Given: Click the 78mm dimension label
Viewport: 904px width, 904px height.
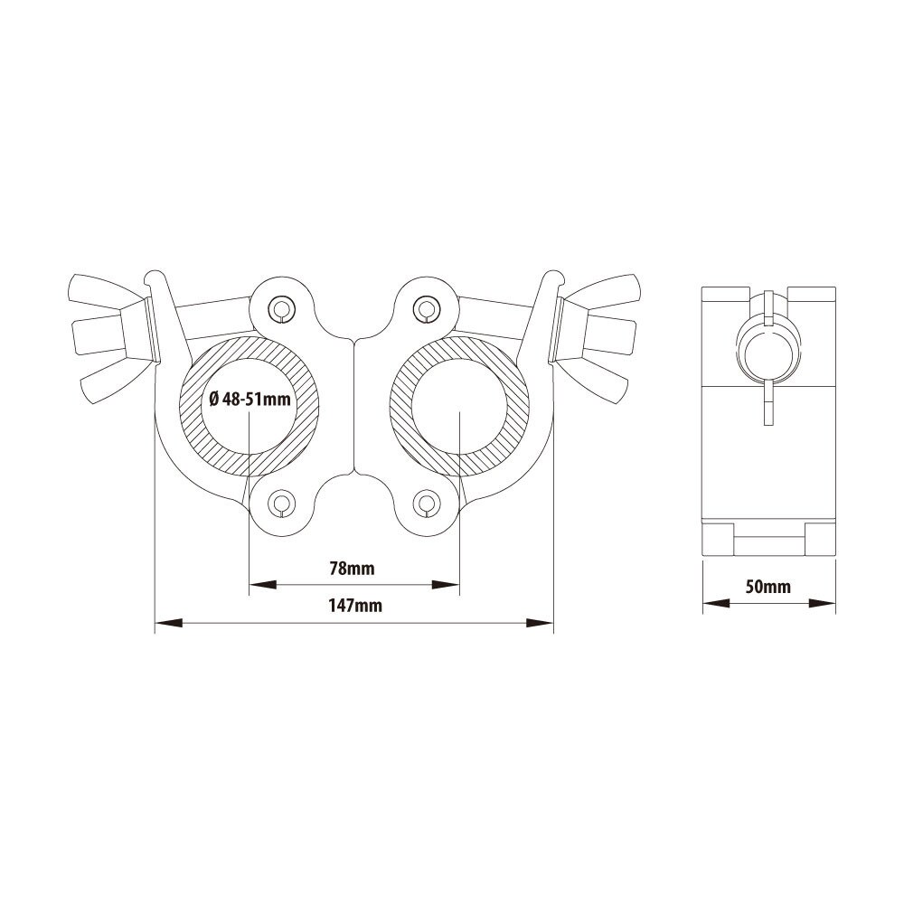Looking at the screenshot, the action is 352,569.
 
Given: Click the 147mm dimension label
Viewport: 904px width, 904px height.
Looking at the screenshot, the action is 355,606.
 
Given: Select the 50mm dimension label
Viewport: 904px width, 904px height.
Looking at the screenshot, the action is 767,587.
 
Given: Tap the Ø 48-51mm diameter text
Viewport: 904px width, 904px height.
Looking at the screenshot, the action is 250,399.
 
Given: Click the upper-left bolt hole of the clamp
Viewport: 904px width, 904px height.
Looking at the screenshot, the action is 282,309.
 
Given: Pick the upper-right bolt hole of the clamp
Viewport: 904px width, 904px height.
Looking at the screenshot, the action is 427,309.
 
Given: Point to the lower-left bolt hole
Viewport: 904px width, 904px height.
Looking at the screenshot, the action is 282,503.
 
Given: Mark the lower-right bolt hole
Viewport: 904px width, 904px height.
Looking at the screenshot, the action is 427,503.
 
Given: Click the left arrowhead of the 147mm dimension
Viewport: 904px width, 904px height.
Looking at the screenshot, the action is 169,623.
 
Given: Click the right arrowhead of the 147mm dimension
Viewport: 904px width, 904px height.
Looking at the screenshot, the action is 541,623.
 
